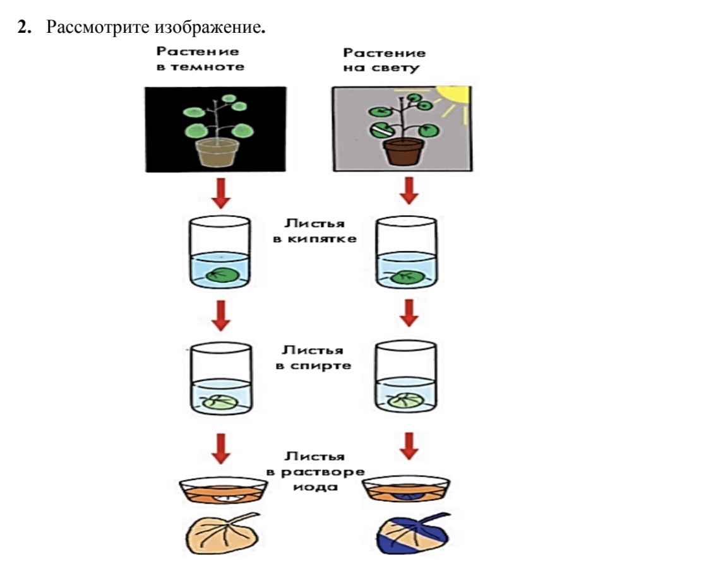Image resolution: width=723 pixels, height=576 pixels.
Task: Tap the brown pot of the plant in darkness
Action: point(213,153)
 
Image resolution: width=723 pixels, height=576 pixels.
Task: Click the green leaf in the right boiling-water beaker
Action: point(405,277)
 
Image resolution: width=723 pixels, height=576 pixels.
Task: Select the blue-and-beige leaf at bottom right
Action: point(404,536)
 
